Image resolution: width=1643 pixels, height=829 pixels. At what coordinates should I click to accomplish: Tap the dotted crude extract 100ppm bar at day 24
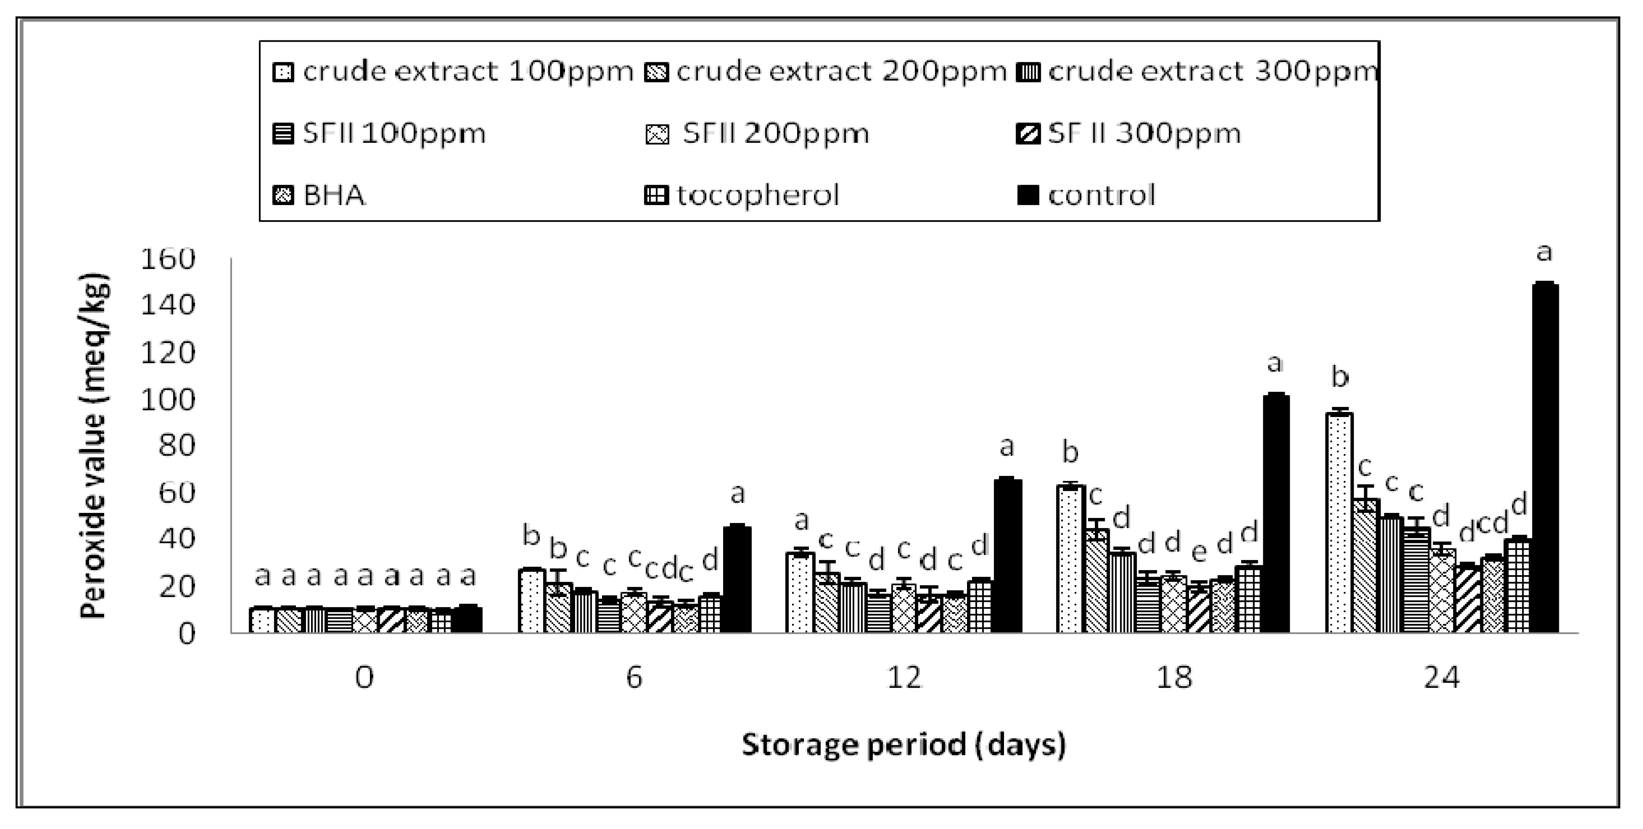pos(1339,523)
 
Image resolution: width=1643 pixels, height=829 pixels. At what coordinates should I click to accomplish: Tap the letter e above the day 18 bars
pos(1199,553)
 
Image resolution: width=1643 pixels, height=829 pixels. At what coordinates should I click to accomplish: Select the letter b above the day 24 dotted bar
pos(1340,378)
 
